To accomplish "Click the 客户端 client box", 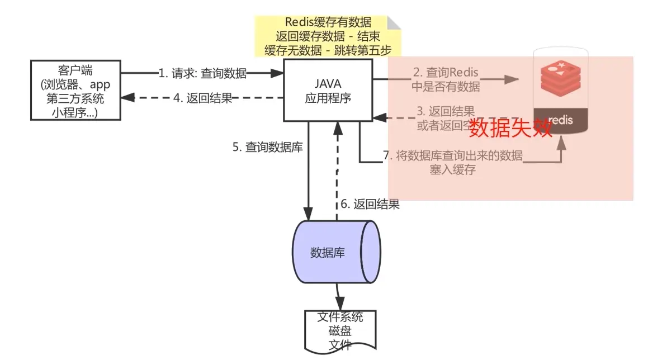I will click(75, 91).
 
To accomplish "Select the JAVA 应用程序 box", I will click(328, 90).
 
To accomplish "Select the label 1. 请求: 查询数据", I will click(202, 73).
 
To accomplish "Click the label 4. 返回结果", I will click(202, 98).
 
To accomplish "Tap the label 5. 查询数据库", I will click(267, 148).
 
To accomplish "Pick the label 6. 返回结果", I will click(370, 205).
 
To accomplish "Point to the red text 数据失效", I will click(510, 128).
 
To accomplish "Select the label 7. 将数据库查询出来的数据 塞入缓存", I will click(452, 163).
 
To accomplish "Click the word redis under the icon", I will click(560, 120).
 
